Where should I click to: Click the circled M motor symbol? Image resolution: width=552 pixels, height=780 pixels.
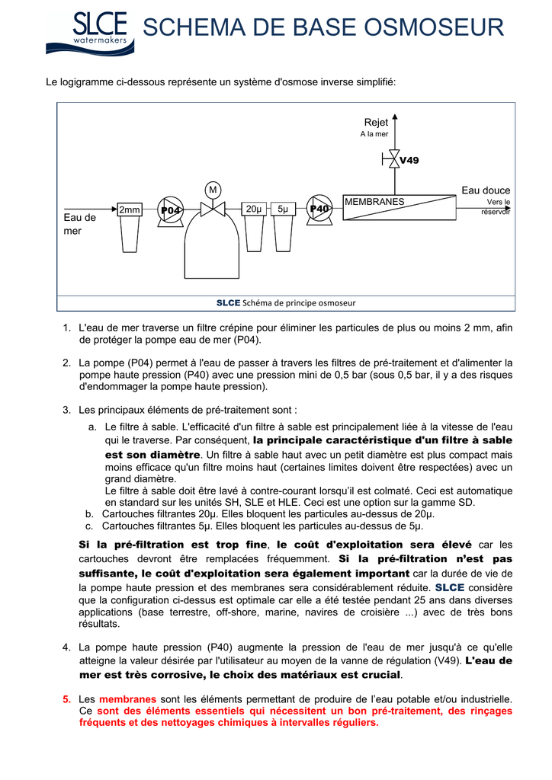[213, 189]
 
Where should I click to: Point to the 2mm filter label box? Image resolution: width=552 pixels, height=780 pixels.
[130, 209]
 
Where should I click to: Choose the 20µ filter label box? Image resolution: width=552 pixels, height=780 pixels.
[254, 209]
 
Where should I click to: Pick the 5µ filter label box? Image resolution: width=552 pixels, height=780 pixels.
[283, 209]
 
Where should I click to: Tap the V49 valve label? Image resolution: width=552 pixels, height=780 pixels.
[409, 161]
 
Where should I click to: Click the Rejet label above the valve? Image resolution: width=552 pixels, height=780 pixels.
[376, 123]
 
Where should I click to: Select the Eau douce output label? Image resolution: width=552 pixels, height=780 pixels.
[486, 190]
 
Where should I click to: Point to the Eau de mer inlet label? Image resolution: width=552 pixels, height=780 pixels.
[79, 224]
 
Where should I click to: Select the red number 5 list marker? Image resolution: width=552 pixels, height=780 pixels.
[66, 698]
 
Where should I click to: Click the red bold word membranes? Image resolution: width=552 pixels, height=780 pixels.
[127, 698]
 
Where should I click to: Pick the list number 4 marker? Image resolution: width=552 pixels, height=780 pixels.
[66, 647]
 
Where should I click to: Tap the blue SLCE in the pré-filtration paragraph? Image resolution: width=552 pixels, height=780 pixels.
[449, 588]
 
